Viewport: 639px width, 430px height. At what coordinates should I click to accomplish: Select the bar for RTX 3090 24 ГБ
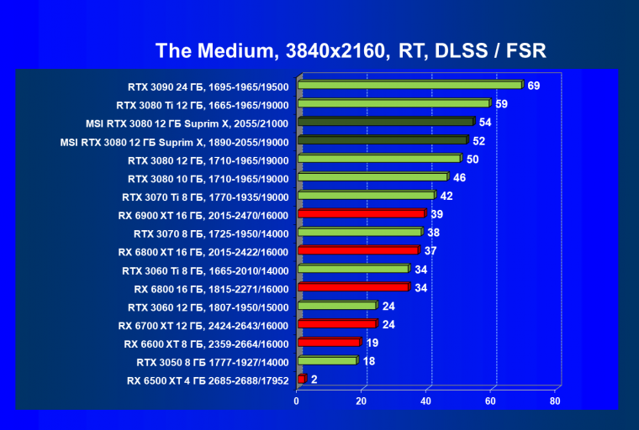[409, 85]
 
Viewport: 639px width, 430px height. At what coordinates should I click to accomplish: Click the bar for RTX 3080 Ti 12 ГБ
[393, 103]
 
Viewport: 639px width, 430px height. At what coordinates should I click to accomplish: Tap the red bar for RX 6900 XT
[362, 213]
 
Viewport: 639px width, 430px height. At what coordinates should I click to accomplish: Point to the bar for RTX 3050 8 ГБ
[327, 361]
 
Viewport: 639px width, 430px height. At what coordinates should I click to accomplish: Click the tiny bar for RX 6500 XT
[301, 380]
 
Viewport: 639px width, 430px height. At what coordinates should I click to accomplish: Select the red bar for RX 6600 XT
[329, 343]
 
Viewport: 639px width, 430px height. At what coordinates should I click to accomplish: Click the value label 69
[534, 86]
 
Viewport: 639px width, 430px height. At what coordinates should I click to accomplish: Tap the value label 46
[459, 177]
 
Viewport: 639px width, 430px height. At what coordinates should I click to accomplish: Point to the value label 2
[314, 380]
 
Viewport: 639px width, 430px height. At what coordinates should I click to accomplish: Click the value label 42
[446, 196]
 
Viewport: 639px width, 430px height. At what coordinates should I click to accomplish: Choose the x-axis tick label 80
[554, 401]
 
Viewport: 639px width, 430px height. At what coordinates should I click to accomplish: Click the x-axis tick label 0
[297, 401]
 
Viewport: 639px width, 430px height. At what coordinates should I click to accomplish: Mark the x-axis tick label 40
[425, 401]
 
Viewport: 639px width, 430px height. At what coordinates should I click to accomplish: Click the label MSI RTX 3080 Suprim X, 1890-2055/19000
[175, 141]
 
